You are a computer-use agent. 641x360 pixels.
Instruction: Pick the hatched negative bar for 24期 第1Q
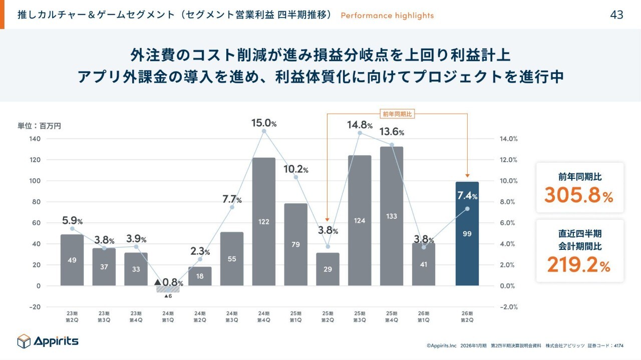[168, 289]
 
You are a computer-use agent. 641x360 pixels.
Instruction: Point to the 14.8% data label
[360, 125]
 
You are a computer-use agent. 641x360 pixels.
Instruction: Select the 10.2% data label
[295, 169]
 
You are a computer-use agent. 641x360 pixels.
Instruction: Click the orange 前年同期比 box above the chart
[397, 114]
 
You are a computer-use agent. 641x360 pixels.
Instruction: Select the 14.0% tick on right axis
[509, 139]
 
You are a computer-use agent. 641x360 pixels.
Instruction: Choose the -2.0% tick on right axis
[508, 307]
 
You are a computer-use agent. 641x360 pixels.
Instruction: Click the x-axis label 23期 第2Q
[72, 316]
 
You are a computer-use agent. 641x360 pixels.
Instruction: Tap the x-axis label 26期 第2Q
[467, 316]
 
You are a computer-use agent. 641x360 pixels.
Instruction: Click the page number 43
[616, 15]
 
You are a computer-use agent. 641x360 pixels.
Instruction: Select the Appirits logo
[48, 341]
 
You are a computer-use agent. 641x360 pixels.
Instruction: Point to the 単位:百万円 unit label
[39, 126]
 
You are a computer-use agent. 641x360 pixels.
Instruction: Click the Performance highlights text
[387, 16]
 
